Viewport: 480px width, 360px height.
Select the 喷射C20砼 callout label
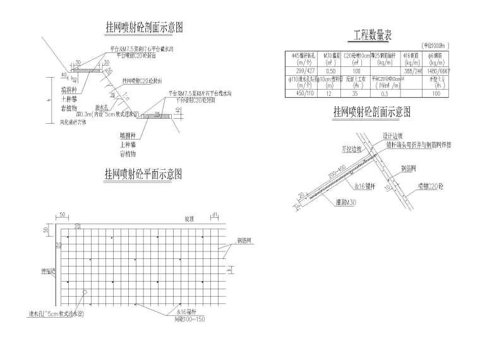click(x=431, y=187)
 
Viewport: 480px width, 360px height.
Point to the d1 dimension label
click(x=215, y=215)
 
